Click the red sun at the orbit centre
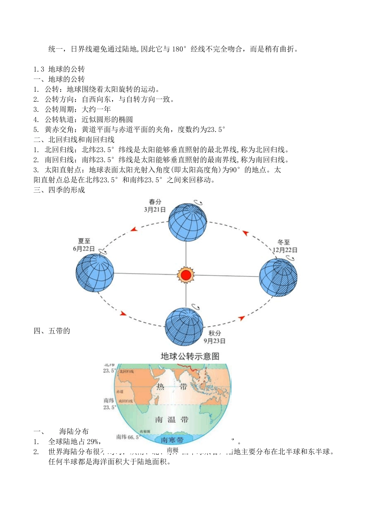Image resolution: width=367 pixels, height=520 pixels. [x=186, y=275]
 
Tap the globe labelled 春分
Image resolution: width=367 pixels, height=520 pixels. [x=187, y=222]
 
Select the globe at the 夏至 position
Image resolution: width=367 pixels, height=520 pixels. [x=95, y=272]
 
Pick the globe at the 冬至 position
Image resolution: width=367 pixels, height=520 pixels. [x=278, y=277]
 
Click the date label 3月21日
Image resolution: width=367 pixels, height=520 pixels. [x=155, y=210]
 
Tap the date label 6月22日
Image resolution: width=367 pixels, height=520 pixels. [x=84, y=249]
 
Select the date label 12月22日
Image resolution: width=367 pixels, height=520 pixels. [x=285, y=250]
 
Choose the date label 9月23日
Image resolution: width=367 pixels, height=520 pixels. [x=214, y=341]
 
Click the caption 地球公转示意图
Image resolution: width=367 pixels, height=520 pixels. [x=190, y=356]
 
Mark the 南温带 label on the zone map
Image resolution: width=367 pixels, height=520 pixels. [x=172, y=419]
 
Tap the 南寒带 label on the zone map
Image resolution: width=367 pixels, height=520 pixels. [x=172, y=440]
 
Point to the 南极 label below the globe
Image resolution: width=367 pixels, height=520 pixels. [x=172, y=450]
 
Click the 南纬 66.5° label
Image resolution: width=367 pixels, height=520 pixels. [x=127, y=437]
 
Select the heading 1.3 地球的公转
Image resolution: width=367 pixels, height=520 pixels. [x=59, y=69]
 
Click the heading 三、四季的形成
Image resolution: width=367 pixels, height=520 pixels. [x=59, y=190]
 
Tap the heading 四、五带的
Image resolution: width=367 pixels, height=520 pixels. [x=52, y=331]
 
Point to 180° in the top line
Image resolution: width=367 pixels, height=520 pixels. [x=179, y=49]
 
